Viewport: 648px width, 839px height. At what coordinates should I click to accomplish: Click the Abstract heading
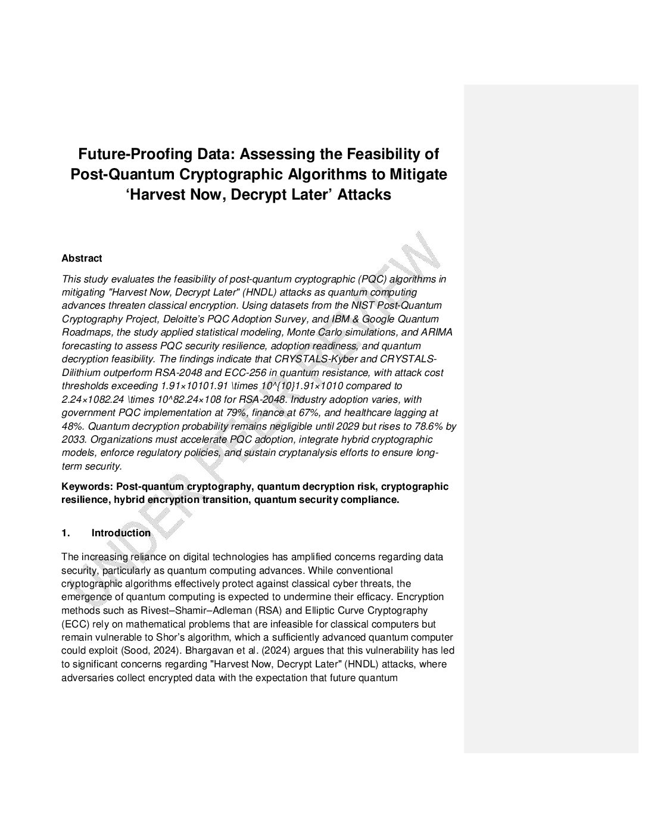pos(82,258)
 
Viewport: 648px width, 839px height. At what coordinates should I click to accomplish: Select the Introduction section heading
pos(121,533)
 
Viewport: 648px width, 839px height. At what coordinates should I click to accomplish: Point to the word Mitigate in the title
pos(418,174)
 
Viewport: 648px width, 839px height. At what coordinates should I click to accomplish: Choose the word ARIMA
pos(437,332)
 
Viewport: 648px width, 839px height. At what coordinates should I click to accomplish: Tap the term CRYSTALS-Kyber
pos(310,359)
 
